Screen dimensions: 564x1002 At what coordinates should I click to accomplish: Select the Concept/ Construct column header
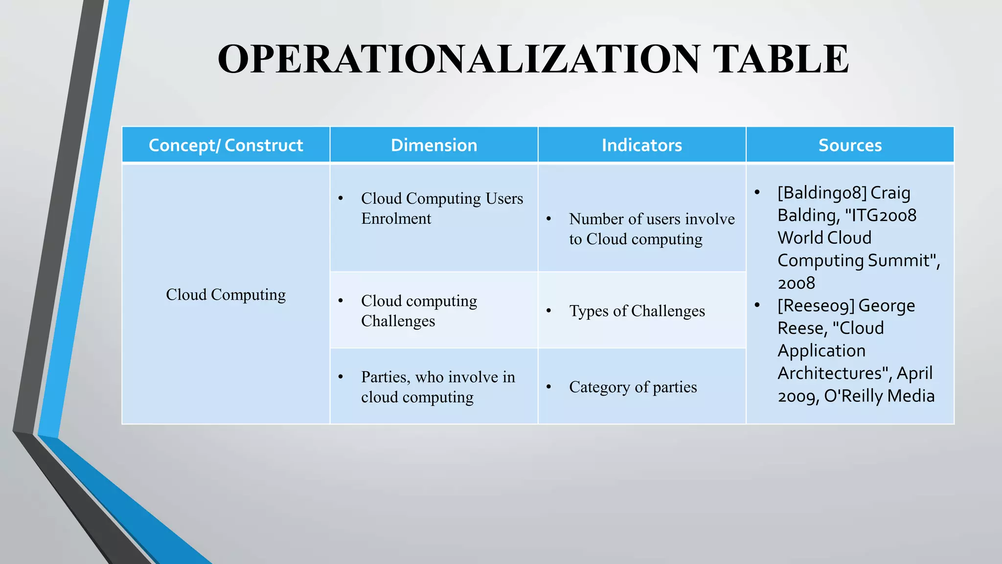226,145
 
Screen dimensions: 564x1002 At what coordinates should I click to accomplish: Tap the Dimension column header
434,145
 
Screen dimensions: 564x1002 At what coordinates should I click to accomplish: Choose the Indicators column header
641,145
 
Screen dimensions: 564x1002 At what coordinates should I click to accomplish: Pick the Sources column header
850,145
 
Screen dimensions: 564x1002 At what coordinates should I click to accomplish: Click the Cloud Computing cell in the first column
226,294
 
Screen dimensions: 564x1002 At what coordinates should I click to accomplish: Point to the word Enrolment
396,218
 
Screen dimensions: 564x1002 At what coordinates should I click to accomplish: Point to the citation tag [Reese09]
816,305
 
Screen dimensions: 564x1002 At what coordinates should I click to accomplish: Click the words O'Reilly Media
879,396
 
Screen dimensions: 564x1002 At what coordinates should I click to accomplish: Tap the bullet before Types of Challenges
549,311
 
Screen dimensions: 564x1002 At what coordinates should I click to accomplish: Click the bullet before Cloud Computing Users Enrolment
341,198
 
